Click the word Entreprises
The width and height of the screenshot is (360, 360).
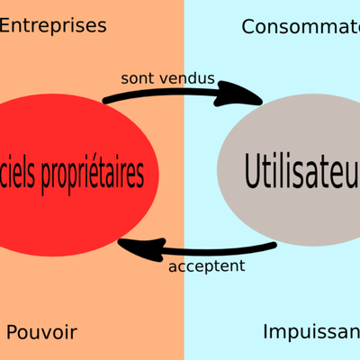53,25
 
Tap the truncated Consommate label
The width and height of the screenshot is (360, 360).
301,26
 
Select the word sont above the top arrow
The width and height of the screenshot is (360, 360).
138,78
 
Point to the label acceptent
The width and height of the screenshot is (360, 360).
207,266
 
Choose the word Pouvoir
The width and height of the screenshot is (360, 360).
41,333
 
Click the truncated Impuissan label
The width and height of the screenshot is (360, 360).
311,332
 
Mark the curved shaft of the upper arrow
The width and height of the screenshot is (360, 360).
171,88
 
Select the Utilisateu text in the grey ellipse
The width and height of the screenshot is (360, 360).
301,168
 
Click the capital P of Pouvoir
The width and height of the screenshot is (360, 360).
12,333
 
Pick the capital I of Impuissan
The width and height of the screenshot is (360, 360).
266,331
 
